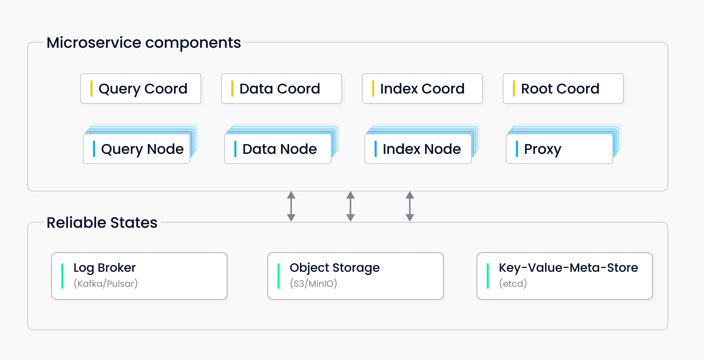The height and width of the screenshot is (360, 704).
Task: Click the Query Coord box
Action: point(141,88)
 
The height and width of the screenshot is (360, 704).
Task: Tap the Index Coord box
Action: point(422,88)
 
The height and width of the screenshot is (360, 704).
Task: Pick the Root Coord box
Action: point(563,88)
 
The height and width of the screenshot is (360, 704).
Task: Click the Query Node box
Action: point(136,149)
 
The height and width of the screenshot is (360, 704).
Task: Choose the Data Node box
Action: point(277,149)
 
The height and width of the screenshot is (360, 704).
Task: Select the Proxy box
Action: point(559,149)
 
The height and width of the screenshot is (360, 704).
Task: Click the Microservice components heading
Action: point(144,43)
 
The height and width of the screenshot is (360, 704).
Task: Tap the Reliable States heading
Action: point(102,222)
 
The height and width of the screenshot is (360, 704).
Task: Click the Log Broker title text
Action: point(104,267)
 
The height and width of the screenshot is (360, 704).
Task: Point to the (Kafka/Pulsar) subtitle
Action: point(106,284)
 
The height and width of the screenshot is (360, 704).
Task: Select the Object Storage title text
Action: point(334,267)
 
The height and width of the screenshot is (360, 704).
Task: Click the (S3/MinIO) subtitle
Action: point(313,284)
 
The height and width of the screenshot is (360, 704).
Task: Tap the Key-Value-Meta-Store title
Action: point(568,267)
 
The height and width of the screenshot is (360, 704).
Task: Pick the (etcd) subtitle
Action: point(513,284)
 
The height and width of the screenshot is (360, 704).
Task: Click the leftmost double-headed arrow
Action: point(291,206)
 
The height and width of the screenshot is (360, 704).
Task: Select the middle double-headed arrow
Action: point(350,206)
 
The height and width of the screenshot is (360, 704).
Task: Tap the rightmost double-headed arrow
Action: point(410,206)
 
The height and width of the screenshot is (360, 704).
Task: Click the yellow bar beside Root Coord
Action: point(514,88)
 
